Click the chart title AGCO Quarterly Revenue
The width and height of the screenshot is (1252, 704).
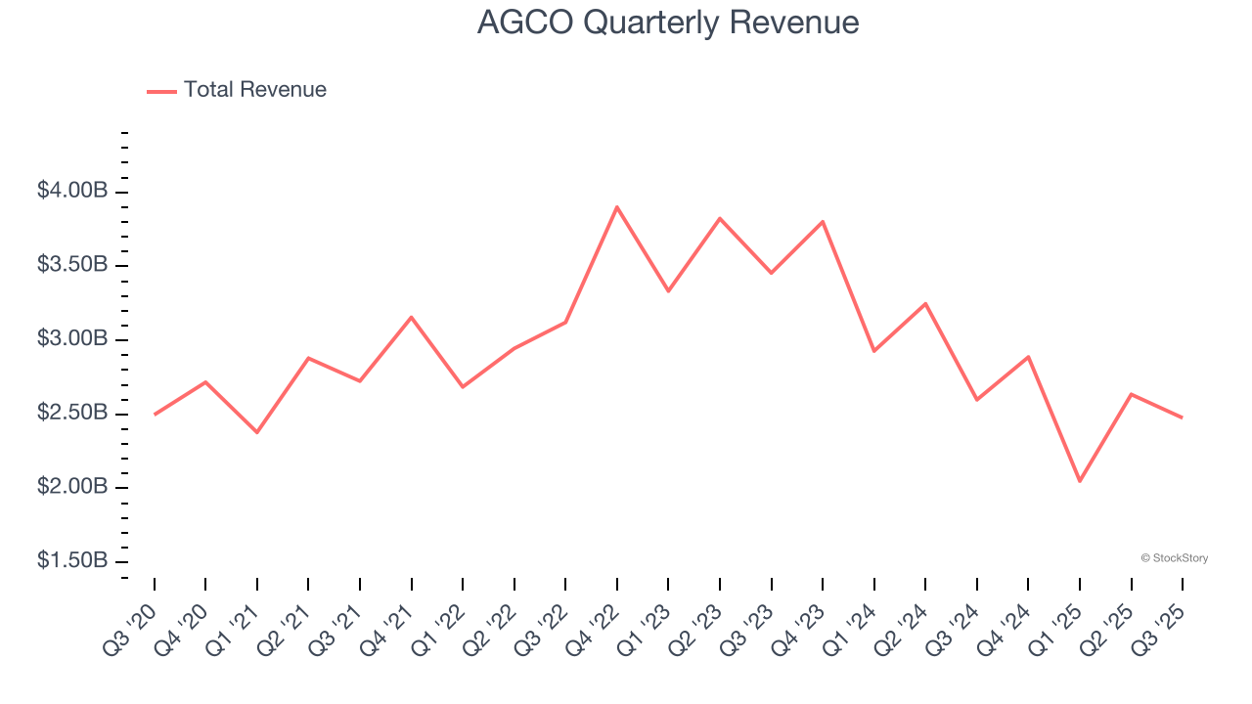[x=668, y=22]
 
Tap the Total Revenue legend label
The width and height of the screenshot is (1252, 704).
[x=254, y=90]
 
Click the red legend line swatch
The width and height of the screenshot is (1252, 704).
[x=161, y=91]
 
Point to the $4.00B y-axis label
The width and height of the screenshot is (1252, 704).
[x=72, y=191]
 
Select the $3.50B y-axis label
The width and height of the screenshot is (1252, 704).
[x=72, y=265]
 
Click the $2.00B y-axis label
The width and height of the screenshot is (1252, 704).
[x=72, y=487]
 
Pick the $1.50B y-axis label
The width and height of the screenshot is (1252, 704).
[x=72, y=561]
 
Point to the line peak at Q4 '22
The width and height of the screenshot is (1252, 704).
[x=617, y=207]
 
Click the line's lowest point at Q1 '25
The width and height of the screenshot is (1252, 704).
[x=1080, y=481]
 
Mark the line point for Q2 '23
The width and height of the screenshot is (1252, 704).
[x=720, y=218]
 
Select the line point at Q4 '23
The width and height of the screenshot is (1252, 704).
[x=823, y=221]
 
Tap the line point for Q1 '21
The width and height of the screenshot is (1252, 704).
[x=257, y=432]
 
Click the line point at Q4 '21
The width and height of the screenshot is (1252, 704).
[x=412, y=317]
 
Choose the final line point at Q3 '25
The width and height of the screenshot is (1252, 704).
[x=1183, y=418]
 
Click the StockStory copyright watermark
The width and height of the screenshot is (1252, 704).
[x=1174, y=558]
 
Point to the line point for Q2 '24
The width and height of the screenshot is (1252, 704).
[x=925, y=303]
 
